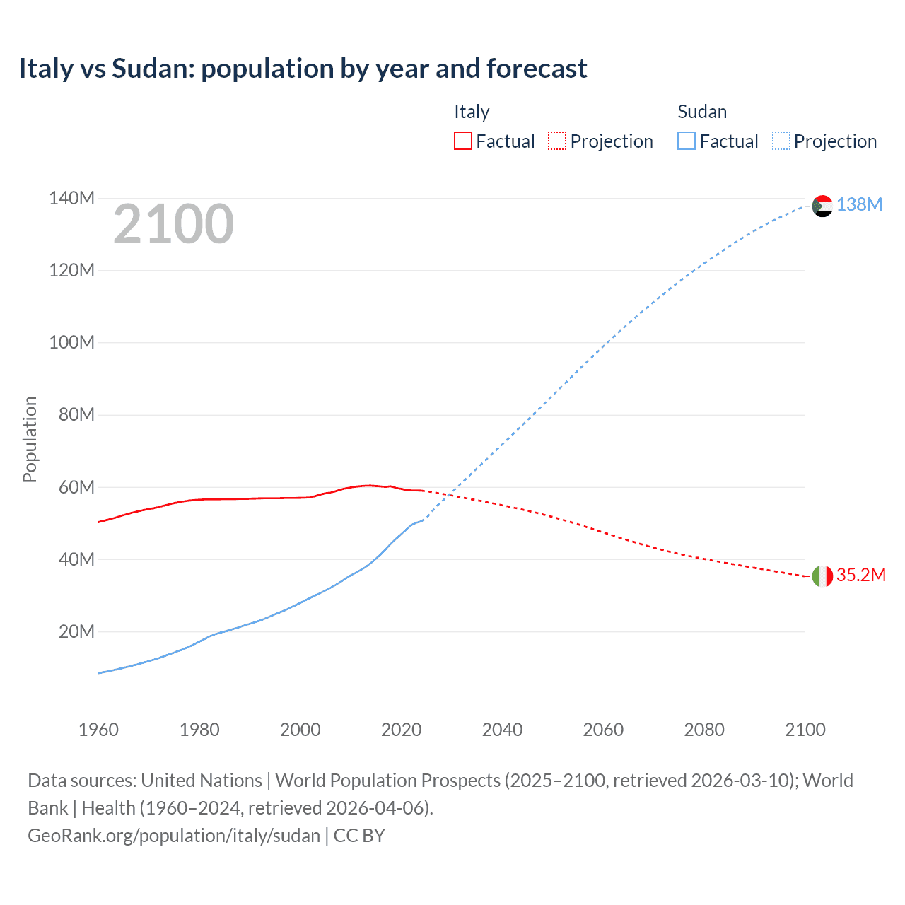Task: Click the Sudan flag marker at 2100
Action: tap(822, 206)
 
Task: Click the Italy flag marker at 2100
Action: tap(822, 576)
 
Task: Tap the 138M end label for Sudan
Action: tap(859, 204)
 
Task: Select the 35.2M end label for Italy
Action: tap(860, 575)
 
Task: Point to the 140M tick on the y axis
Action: tap(71, 198)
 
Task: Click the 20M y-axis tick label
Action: tap(76, 631)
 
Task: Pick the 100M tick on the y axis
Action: tap(71, 342)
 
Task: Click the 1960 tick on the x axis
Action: tap(98, 730)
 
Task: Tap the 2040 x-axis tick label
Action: tap(502, 730)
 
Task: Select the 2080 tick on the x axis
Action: tap(704, 730)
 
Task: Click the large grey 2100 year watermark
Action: tap(173, 224)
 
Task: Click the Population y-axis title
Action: tap(30, 439)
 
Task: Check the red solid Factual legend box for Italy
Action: tap(462, 141)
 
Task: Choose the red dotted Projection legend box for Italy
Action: tap(557, 141)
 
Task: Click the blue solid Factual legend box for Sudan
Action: tap(686, 141)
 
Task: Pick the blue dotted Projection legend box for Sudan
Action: tap(781, 141)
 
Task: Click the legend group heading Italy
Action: tap(472, 112)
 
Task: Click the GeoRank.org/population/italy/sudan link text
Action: tap(174, 836)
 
